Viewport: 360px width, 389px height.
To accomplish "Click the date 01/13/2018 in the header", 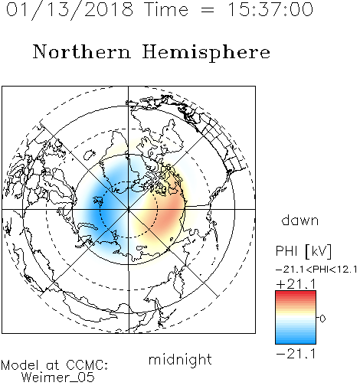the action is tap(70, 10).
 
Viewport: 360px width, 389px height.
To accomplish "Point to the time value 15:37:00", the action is tap(270, 10).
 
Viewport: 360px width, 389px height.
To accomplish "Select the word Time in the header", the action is tap(166, 10).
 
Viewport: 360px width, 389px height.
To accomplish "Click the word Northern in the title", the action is tap(81, 52).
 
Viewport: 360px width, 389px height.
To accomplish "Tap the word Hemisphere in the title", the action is tap(206, 53).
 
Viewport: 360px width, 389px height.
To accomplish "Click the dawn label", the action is tap(300, 220).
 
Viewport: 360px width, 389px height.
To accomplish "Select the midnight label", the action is tap(180, 359).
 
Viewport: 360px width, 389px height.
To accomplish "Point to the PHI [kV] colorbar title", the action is tap(303, 251).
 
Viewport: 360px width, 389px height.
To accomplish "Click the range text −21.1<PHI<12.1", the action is tap(316, 270).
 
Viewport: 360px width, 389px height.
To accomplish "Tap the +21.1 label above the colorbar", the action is tap(296, 284).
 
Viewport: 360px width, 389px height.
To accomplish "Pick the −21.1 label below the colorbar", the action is tap(296, 354).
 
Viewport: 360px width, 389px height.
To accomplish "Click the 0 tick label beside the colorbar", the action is tap(322, 319).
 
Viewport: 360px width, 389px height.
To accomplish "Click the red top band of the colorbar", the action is tap(296, 294).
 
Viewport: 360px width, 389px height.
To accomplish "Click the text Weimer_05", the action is tap(58, 378).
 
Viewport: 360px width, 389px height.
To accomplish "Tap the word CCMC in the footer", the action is tap(87, 365).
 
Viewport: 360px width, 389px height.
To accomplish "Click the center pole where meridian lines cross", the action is tap(129, 209).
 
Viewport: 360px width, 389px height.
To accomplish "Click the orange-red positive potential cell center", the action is tap(167, 213).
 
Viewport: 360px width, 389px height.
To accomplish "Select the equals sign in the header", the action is tap(208, 11).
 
